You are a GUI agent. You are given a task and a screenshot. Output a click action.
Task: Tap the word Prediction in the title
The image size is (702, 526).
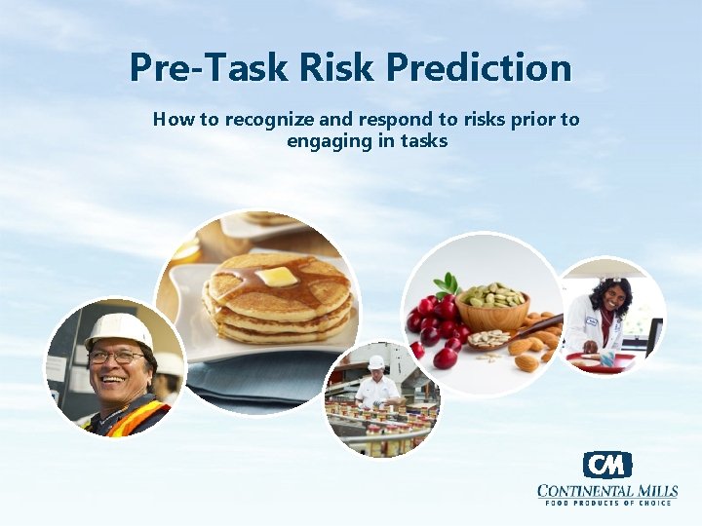478,68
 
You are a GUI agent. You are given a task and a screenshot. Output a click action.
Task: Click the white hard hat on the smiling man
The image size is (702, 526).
118,330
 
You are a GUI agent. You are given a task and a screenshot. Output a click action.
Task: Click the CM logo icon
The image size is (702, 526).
607,465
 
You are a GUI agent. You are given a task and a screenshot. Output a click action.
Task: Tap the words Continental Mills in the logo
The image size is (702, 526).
607,490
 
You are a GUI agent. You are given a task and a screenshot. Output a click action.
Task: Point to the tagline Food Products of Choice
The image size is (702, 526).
607,503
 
